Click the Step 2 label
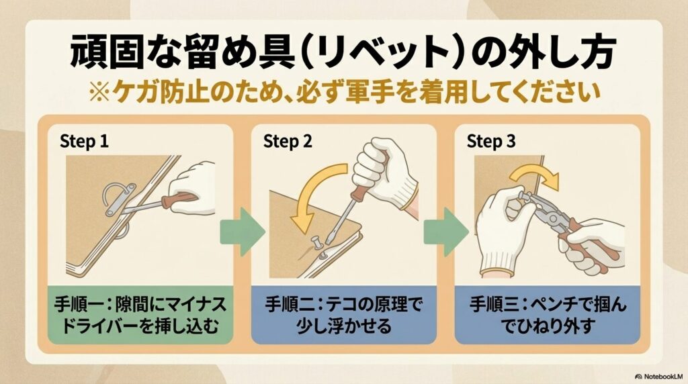pos(287,142)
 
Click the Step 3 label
pos(490,142)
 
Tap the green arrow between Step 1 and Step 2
pos(242,231)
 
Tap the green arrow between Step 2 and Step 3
pos(445,231)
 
